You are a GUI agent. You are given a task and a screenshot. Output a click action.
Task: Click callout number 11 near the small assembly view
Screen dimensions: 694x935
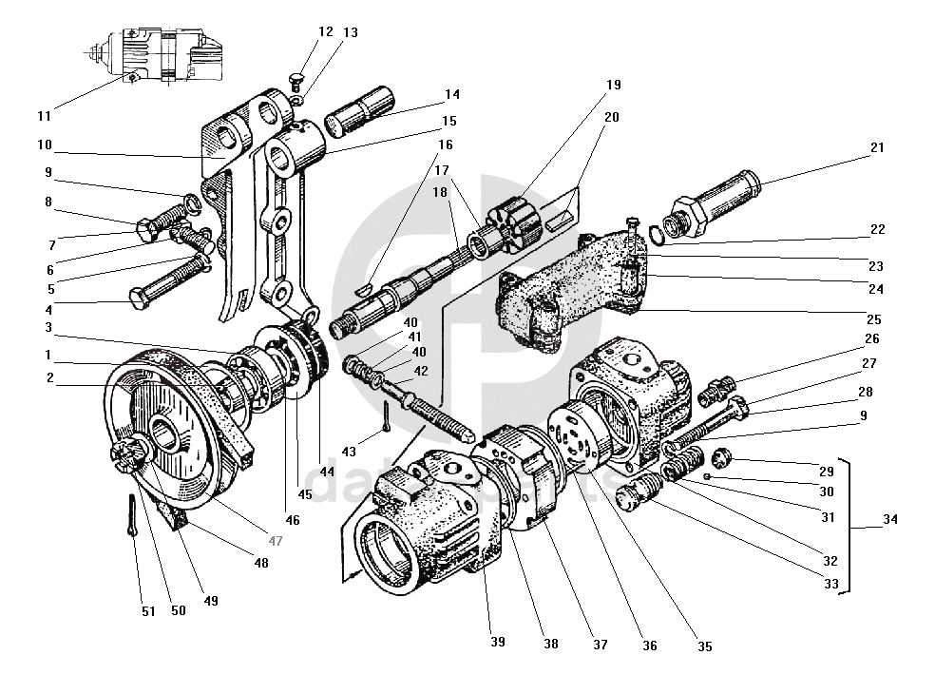point(44,116)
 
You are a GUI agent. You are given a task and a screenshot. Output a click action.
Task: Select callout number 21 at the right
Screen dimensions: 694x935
point(876,147)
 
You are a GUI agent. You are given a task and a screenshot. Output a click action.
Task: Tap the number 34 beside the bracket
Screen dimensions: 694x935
point(889,520)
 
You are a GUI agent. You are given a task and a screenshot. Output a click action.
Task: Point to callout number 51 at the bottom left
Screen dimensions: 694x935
point(148,611)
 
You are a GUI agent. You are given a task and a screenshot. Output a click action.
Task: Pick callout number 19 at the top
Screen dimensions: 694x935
point(613,85)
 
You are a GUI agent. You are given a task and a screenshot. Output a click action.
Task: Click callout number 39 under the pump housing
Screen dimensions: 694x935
point(498,642)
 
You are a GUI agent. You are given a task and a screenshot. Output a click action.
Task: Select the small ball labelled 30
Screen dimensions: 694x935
point(709,474)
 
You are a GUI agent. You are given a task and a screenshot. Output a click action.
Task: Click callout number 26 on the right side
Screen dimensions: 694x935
point(871,338)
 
